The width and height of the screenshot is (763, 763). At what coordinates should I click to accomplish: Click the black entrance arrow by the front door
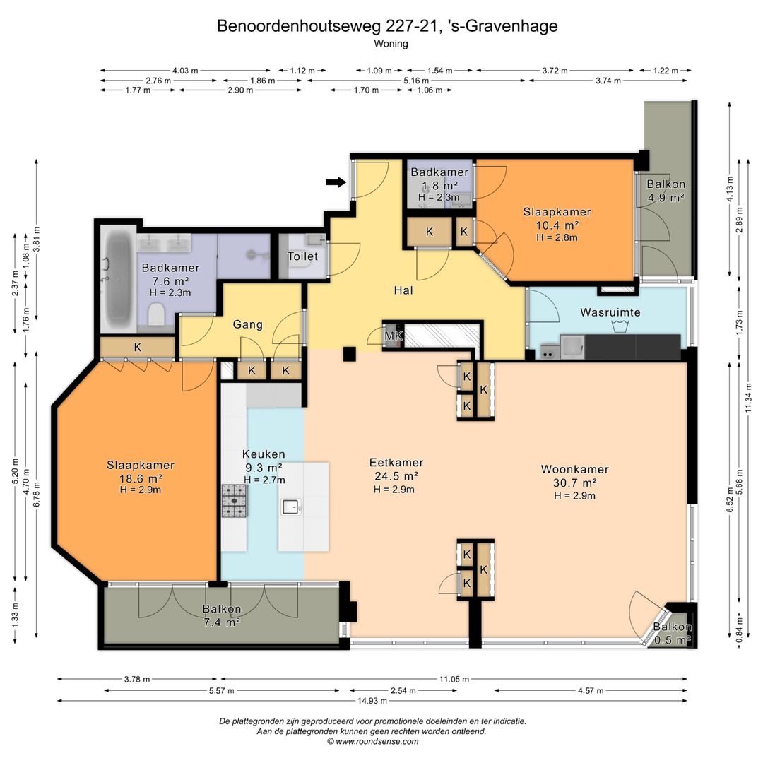pos(336,182)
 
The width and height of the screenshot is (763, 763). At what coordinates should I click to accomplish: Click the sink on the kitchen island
pos(290,507)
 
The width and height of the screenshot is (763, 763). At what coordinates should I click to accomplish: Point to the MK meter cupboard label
pos(392,336)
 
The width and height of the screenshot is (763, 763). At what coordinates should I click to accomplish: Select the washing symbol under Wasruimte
pos(622,327)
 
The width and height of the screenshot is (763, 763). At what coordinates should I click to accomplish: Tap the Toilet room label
pos(302,256)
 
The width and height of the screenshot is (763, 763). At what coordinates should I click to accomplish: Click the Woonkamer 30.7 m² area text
pos(574,483)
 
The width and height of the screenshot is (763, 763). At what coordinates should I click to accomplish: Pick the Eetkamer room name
pos(396,463)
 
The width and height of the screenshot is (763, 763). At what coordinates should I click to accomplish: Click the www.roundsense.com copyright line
pos(372,742)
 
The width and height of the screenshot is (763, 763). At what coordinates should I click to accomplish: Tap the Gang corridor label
pos(248,325)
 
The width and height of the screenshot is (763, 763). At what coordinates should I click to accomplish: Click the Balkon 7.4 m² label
pos(222,615)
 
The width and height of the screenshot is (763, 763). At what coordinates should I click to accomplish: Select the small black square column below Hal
pos(348,355)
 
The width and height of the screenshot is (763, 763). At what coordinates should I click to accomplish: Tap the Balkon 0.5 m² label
pos(672,633)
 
